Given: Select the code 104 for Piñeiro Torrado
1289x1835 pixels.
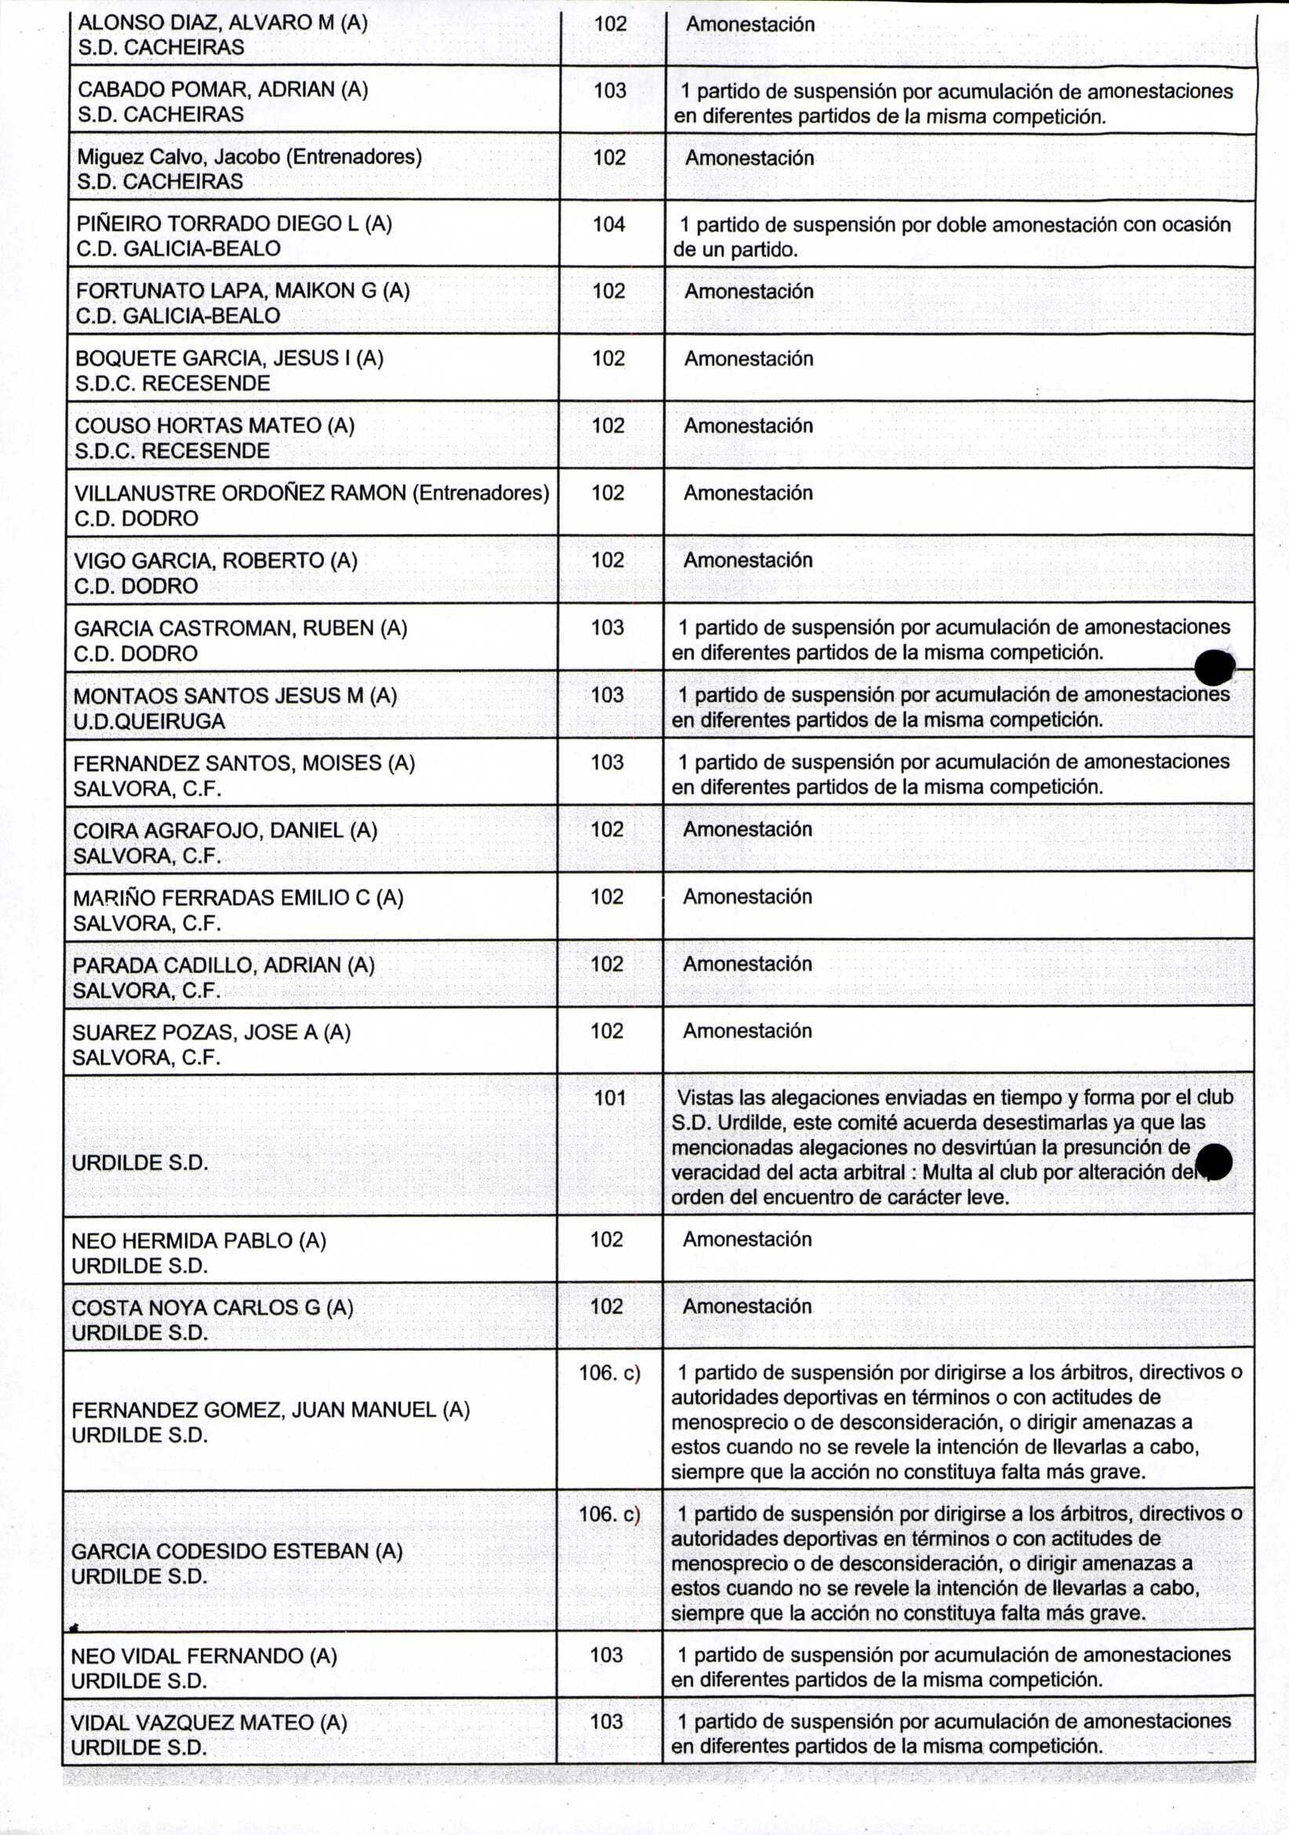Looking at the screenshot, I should pos(608,225).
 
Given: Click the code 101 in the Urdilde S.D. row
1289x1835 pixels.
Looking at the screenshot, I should pos(609,1098).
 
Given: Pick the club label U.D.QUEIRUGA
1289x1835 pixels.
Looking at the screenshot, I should pos(149,721).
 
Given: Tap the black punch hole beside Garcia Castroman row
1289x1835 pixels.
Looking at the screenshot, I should pos(1214,667).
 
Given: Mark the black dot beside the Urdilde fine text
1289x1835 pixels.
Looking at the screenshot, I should pos(1215,1161).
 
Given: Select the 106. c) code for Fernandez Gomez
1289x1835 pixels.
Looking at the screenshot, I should pos(609,1373).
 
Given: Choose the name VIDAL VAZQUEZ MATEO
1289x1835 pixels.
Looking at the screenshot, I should pos(209,1722).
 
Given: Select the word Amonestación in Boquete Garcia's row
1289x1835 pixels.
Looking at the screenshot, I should pos(749,359).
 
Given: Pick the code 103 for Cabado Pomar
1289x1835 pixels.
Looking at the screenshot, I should pos(609,90).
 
